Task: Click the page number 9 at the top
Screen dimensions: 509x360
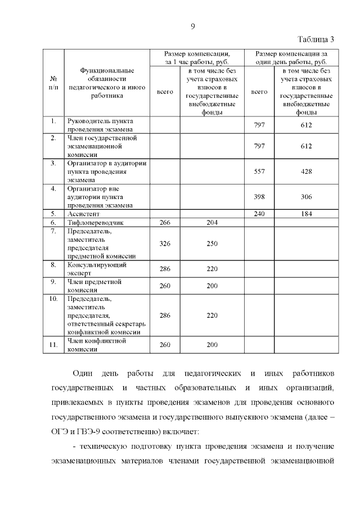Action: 192,26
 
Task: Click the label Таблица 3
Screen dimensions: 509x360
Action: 316,39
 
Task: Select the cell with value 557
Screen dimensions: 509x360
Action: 259,172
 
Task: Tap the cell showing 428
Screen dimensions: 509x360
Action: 306,172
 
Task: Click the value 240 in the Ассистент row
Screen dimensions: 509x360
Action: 259,214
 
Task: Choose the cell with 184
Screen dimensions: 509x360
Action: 306,214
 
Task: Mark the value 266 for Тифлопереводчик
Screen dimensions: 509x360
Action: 165,222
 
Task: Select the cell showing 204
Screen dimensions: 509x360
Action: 211,222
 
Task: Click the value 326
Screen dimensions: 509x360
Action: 165,243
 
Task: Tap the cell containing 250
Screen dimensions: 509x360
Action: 211,243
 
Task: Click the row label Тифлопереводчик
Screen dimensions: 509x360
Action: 95,223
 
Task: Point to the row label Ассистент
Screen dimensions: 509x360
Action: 84,214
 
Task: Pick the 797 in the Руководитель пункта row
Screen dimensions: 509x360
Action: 259,125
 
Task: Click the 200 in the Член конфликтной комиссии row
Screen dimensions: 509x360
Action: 211,345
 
